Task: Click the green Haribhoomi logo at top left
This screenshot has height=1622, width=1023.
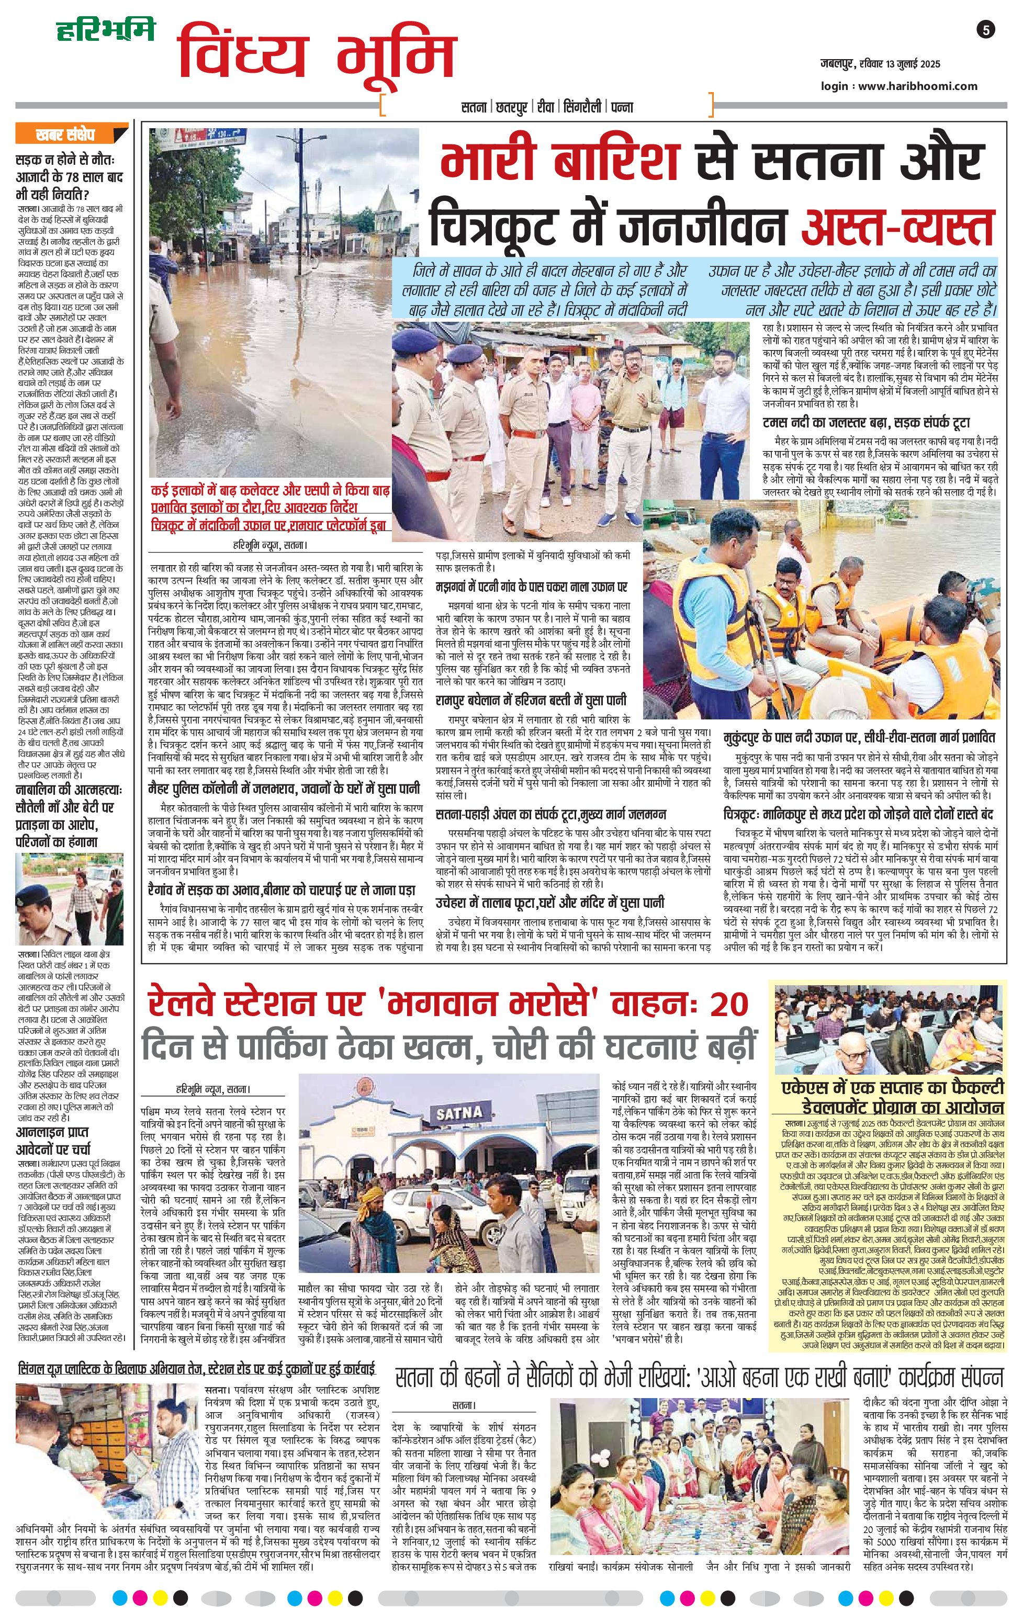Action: (x=105, y=30)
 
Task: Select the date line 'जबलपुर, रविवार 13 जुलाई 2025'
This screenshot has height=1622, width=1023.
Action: (x=880, y=65)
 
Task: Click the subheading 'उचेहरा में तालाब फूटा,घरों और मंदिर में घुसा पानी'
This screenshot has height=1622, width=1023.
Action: (x=549, y=903)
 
